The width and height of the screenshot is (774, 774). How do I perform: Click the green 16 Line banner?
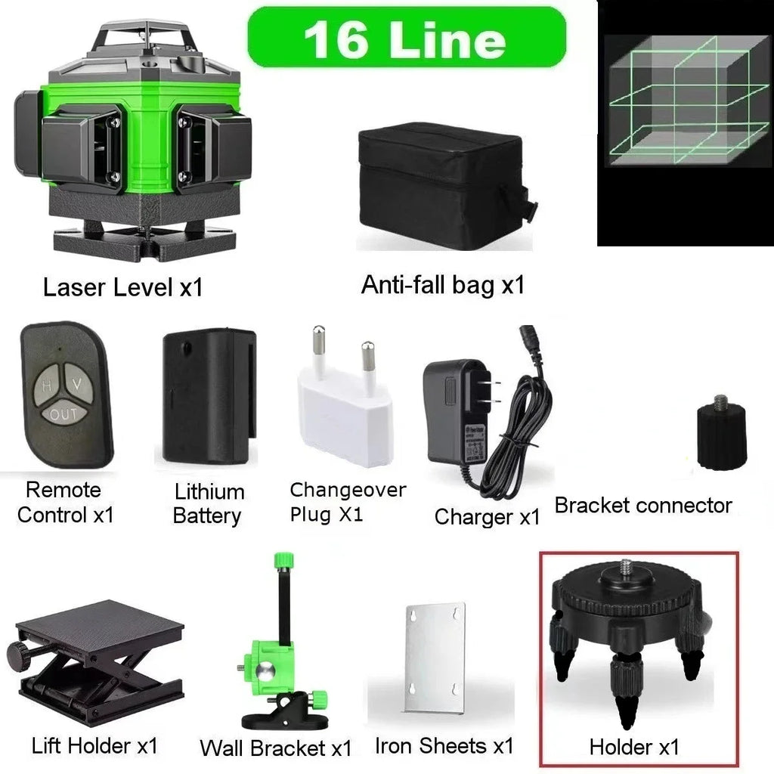[407, 37]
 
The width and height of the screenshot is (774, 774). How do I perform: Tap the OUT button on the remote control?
[63, 414]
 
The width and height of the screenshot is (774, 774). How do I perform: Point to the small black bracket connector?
[720, 437]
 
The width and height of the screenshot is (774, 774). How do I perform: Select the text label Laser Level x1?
[122, 288]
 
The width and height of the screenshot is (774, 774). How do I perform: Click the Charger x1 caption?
[487, 517]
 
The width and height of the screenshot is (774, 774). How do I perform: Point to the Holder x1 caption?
[634, 748]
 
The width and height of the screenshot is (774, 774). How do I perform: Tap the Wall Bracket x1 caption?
[275, 748]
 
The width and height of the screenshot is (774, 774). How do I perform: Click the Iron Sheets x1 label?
[444, 746]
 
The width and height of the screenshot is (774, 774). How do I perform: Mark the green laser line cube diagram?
[685, 121]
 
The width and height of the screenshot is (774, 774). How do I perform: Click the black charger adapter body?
[457, 412]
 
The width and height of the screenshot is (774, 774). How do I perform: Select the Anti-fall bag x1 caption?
[442, 285]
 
